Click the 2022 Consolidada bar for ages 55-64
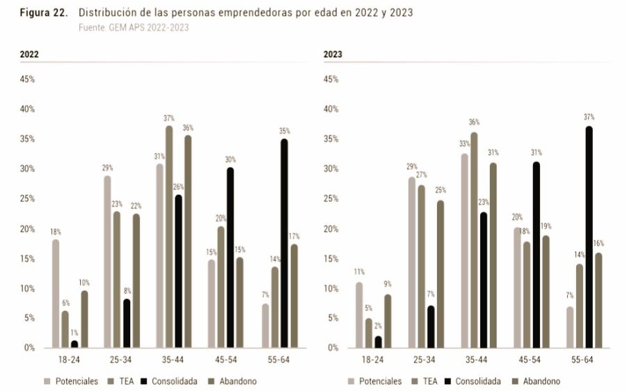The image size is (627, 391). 284,244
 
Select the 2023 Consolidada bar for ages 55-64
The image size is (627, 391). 589,237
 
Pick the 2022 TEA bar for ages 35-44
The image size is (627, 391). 169,237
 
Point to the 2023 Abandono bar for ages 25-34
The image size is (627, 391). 441,274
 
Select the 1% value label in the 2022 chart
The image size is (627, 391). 74,333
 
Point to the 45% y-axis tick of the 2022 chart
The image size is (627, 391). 27,79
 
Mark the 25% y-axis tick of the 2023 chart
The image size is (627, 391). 331,199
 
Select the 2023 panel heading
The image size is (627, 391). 333,54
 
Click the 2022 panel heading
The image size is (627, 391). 29,54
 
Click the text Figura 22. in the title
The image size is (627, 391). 43,13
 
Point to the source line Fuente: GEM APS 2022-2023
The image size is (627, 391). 134,27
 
